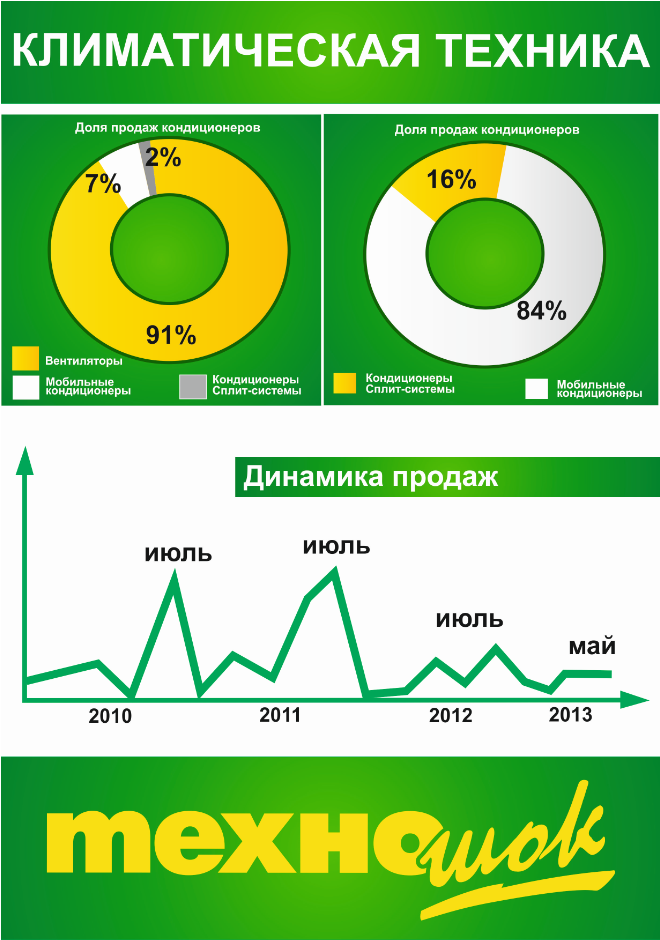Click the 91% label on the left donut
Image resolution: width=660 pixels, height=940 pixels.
pos(171,335)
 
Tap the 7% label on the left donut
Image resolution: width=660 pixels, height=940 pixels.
pos(102,184)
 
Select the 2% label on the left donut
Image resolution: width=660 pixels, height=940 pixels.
pos(163,157)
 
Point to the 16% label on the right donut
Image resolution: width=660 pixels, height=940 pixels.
pos(451,180)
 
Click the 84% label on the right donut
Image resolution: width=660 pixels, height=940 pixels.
pos(541,311)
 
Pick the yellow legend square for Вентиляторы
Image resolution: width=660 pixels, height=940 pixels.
pos(26,359)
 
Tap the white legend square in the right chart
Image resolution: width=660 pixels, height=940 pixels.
pos(537,389)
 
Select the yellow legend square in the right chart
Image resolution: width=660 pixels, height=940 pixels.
pos(344,384)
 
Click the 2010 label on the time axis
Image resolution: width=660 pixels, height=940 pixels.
pos(110,716)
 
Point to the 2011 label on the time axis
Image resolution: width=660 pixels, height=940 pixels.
pos(280,715)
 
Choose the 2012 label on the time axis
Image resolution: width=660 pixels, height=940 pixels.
pos(450,716)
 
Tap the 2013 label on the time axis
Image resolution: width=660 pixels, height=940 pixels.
pos(571,715)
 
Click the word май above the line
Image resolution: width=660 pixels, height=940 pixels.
pos(591,647)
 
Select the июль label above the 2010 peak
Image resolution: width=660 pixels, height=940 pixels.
pos(178,552)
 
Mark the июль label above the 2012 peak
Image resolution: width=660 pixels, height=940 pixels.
pos(469,620)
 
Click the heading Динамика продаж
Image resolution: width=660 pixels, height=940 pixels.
pos(371,478)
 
